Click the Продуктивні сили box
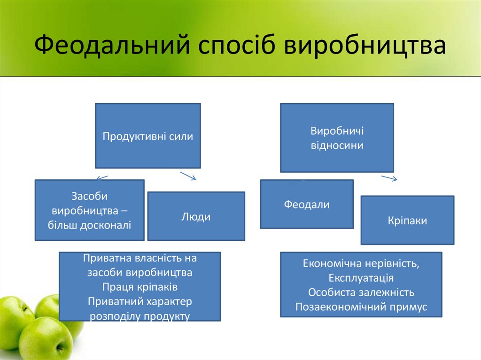coord(148,136)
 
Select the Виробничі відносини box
coord(337,138)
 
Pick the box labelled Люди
coord(196,216)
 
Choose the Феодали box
coord(307,205)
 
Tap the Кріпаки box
coord(407,221)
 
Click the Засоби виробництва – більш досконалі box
coord(89,210)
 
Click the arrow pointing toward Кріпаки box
coord(389,178)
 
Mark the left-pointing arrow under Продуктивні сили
coord(102,177)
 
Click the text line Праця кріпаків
coord(140,287)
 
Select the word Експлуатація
coord(361,277)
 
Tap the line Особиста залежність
coord(361,292)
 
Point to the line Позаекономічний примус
coord(361,307)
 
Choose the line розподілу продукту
coord(140,316)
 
